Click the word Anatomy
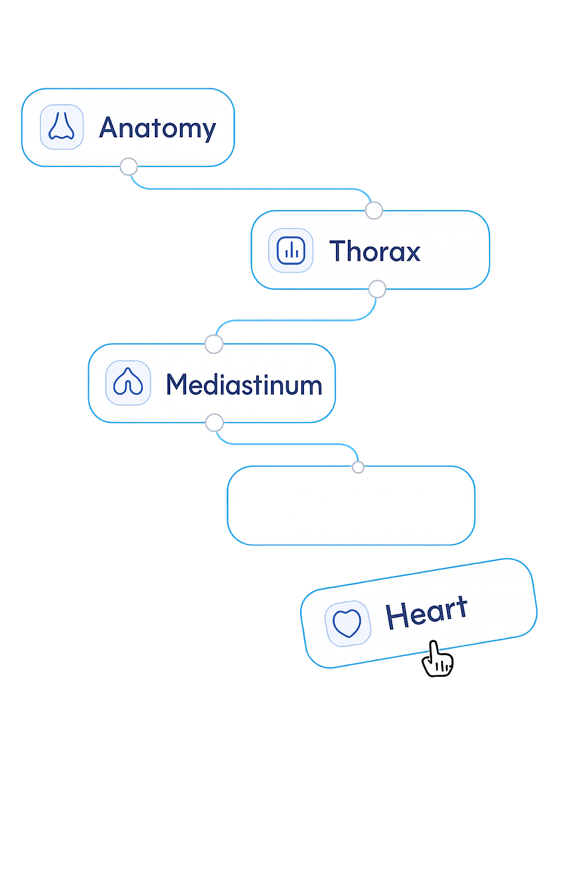click(158, 128)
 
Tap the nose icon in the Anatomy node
click(61, 126)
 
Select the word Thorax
click(375, 251)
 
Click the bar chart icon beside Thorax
click(291, 251)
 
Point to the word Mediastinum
click(244, 385)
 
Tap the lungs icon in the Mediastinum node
click(128, 383)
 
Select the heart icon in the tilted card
click(347, 623)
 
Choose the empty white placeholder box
click(351, 506)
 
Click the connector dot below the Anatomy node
click(129, 167)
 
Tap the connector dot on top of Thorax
click(373, 210)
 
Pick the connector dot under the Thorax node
click(377, 289)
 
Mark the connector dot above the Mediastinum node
click(214, 344)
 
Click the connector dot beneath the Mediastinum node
click(214, 423)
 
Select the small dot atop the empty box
click(358, 467)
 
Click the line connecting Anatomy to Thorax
click(251, 189)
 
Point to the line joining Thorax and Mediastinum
click(296, 321)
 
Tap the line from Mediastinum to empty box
click(285, 444)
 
